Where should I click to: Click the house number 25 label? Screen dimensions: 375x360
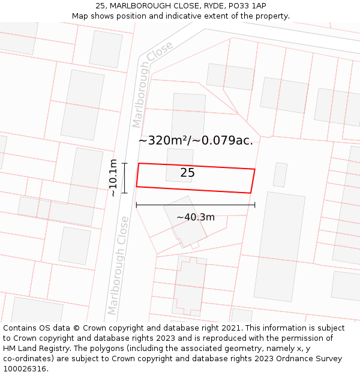click(x=187, y=173)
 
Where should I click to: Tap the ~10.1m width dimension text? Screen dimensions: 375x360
click(x=113, y=178)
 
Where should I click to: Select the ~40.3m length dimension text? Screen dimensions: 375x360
click(x=195, y=217)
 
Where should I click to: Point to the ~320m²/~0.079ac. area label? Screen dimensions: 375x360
click(x=196, y=141)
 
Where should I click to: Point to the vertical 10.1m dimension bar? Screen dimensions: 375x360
click(x=125, y=178)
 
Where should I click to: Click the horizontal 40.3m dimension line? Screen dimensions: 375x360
click(x=196, y=205)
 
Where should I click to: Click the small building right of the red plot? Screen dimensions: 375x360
click(x=280, y=175)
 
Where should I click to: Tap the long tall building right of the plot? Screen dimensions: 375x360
click(x=279, y=246)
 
